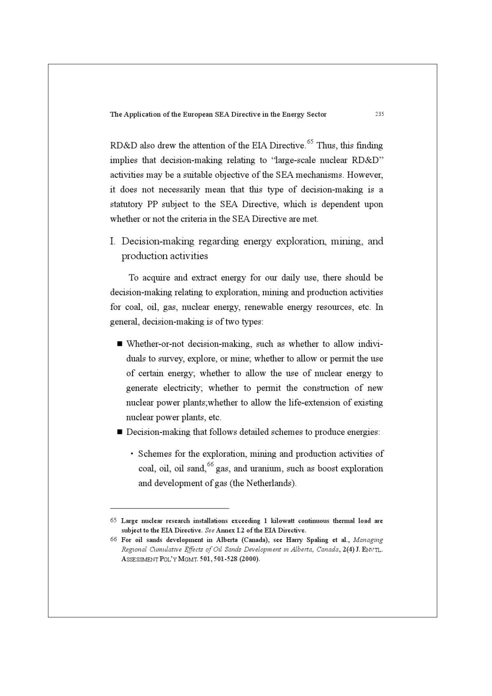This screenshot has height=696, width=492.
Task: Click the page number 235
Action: coord(379,114)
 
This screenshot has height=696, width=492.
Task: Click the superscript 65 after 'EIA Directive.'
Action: coord(310,142)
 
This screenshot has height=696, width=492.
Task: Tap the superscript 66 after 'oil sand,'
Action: coord(210,465)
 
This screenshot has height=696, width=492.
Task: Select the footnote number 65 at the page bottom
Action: coord(113,520)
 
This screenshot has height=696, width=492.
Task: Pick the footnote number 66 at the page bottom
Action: coord(113,539)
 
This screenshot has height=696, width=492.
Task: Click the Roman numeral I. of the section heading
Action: coord(112,241)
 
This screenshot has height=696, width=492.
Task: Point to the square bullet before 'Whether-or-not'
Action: coord(120,344)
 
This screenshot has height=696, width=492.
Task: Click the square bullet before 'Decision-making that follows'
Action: coord(120,432)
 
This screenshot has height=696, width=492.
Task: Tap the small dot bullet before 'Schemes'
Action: coord(132,454)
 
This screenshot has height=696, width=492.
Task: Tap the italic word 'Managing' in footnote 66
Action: coord(368,540)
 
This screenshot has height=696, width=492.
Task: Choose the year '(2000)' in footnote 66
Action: coord(250,559)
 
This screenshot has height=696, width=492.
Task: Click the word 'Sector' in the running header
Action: coord(316,114)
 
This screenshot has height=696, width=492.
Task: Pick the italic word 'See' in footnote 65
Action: coord(209,530)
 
